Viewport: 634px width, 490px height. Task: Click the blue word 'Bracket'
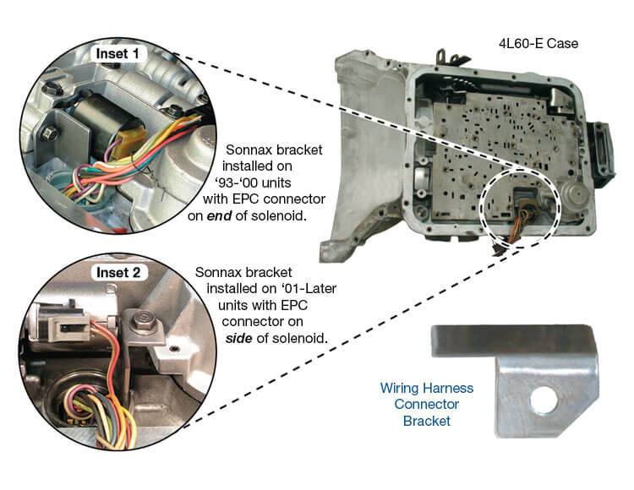pos(426,421)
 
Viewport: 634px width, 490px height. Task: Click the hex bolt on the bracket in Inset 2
pos(140,318)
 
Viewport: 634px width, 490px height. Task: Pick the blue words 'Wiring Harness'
pos(426,389)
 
